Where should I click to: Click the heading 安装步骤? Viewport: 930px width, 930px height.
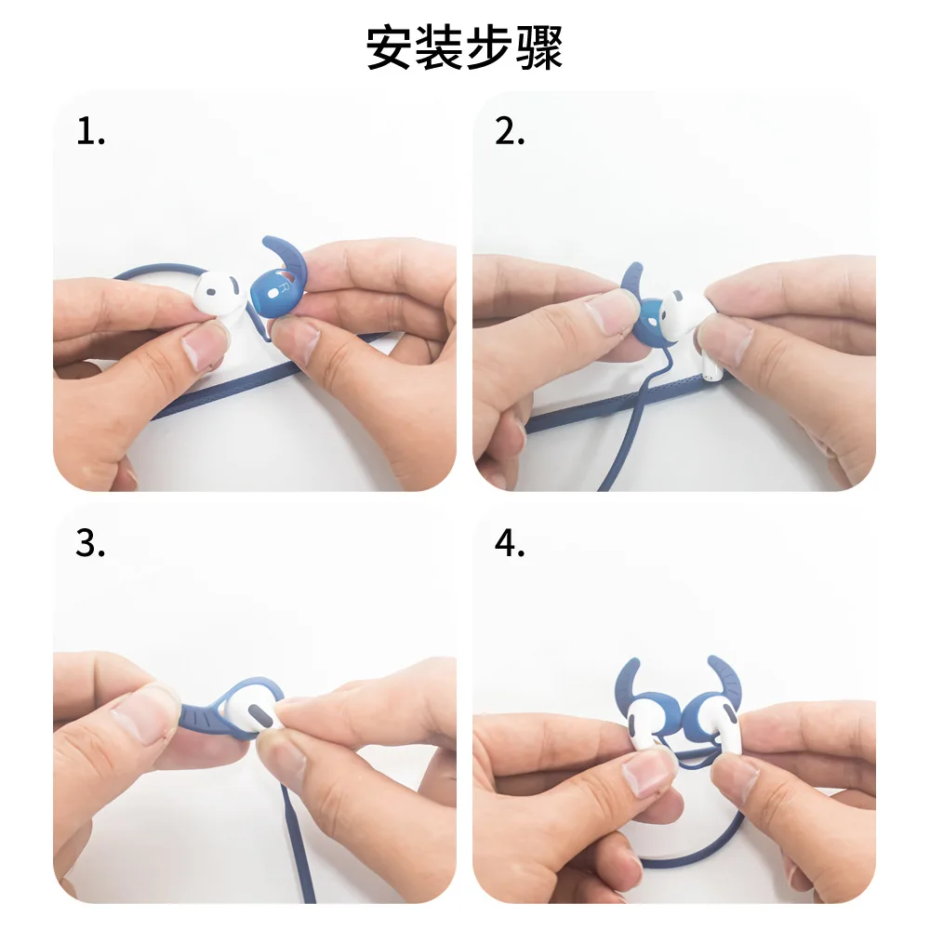tap(464, 47)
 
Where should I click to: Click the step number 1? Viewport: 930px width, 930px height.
tap(90, 131)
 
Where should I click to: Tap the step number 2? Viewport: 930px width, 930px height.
tap(510, 131)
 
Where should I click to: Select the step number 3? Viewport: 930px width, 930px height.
tap(90, 543)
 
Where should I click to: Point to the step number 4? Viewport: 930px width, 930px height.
tap(510, 543)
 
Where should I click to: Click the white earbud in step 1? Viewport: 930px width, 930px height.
tap(220, 294)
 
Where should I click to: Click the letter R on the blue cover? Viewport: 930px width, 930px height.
tap(284, 289)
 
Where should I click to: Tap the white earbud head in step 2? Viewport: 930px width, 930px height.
tap(682, 316)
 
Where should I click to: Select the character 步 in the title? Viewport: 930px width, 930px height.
tap(489, 47)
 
